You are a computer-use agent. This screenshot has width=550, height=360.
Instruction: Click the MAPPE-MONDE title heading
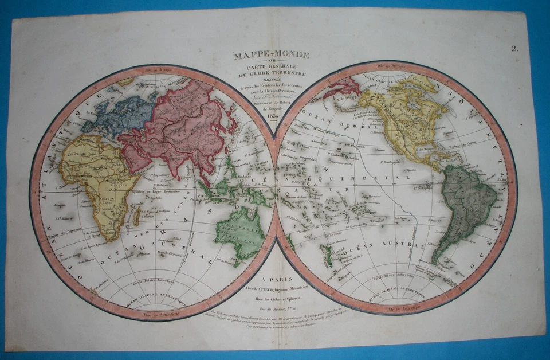pyautogui.click(x=271, y=56)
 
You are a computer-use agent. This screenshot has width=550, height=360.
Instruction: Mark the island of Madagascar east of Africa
pyautogui.click(x=137, y=216)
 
